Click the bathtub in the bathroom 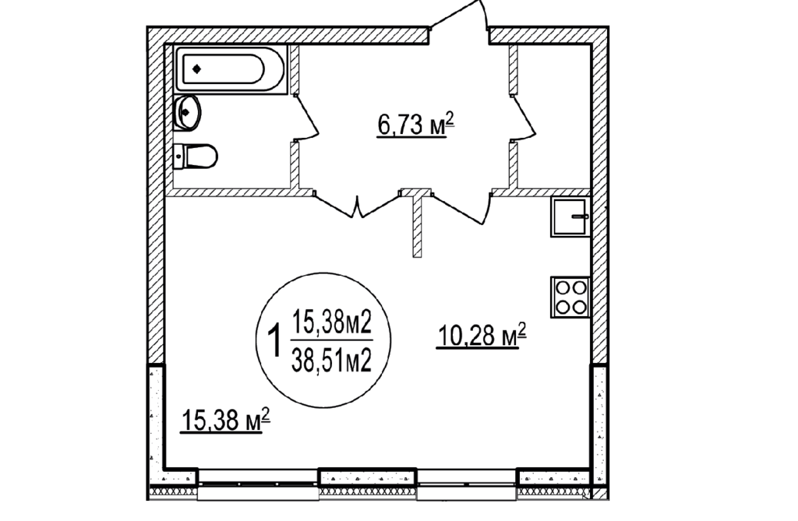pos(231,69)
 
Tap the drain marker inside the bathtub pos(197,69)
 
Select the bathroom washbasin pos(186,112)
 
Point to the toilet pos(196,157)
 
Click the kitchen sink pos(570,216)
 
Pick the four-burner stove pos(570,297)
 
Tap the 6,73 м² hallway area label pos(415,125)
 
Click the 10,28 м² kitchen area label pos(481,336)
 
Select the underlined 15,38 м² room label pos(225,421)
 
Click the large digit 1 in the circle pos(275,342)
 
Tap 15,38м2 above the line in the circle pos(331,322)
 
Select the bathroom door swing pos(305,118)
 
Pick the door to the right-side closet pos(523,118)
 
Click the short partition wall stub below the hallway pos(418,227)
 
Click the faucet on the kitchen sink pos(580,216)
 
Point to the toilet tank pos(178,157)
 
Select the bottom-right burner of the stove pos(579,306)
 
